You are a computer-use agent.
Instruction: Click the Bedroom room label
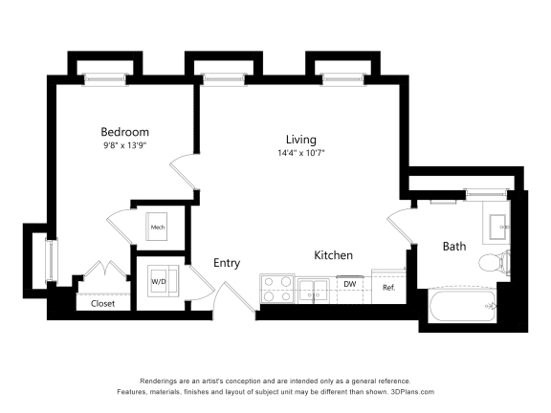(125, 131)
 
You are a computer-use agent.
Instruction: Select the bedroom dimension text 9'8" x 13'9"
(125, 145)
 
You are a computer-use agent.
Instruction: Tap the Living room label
(300, 140)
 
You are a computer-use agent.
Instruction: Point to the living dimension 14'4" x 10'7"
(300, 153)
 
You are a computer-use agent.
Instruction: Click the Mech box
(158, 228)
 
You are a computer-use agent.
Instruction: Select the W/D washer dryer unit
(158, 282)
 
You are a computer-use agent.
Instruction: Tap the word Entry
(227, 263)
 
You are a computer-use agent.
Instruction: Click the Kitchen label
(335, 255)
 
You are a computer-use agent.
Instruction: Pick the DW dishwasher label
(350, 284)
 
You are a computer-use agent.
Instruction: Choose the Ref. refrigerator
(389, 287)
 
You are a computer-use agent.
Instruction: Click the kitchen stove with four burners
(277, 289)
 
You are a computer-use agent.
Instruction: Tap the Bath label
(453, 246)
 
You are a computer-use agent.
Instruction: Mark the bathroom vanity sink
(496, 226)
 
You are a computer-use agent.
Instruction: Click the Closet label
(102, 303)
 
